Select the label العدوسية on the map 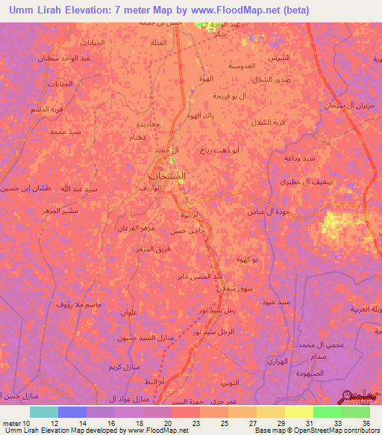click(x=248, y=66)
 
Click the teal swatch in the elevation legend click(x=44, y=412)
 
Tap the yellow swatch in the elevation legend click(x=299, y=412)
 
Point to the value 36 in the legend click(x=366, y=424)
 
